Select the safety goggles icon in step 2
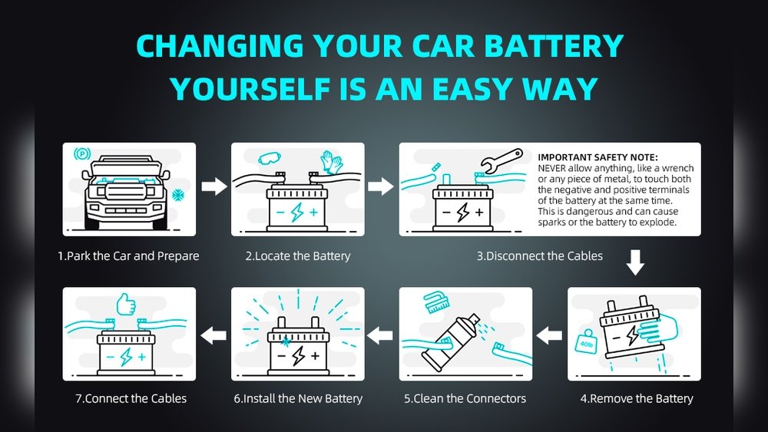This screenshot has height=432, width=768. [268, 160]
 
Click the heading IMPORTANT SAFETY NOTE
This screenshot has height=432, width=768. [593, 157]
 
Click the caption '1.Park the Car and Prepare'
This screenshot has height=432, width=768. [128, 256]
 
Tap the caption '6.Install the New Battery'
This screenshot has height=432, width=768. [297, 398]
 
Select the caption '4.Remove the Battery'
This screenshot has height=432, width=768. [637, 398]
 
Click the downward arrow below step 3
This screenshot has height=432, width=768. [634, 262]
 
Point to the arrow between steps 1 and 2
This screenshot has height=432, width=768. [214, 186]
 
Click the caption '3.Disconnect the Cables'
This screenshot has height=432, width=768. [539, 256]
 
